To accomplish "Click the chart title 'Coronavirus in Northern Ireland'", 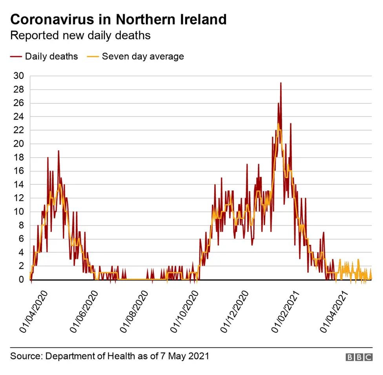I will (118, 19).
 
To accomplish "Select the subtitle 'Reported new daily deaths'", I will (80, 35).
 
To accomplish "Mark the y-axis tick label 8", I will (20, 226).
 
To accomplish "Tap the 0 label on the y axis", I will (20, 280).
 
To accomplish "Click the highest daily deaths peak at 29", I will (281, 83).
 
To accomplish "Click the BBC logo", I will (359, 357).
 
